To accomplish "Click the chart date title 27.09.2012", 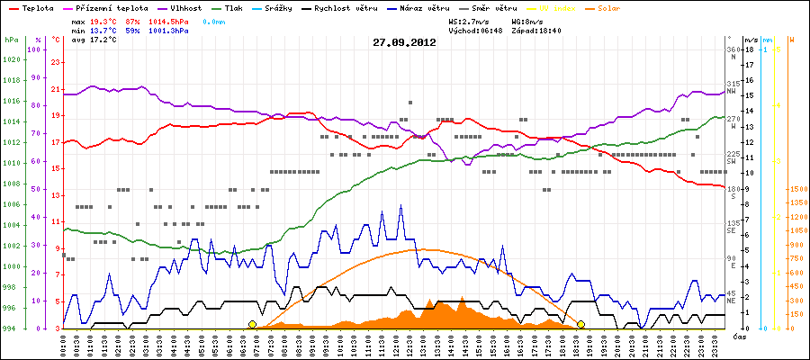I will tap(405, 41).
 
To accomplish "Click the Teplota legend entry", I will tap(37, 7).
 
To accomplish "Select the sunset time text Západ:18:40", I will tap(536, 30).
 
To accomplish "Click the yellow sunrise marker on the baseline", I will tap(252, 324).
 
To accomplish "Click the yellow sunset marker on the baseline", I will tap(581, 324).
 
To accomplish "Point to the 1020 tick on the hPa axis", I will tap(11, 59).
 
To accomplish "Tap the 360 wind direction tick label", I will tap(732, 49).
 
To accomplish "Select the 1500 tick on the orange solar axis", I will tap(797, 189).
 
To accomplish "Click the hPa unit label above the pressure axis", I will tap(11, 40).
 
